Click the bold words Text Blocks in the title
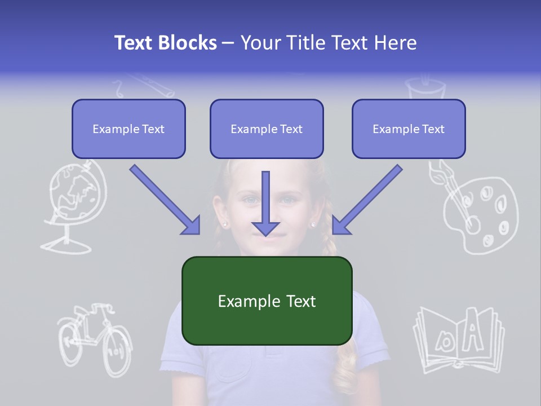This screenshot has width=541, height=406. click(165, 43)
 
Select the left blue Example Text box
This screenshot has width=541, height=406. click(128, 129)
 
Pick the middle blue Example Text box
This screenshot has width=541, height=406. click(267, 129)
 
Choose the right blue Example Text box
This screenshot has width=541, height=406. click(409, 129)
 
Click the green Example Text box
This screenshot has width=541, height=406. click(267, 301)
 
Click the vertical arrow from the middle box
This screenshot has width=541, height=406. click(265, 203)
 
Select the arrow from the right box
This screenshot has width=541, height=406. click(367, 200)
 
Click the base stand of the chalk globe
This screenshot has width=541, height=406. click(66, 246)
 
